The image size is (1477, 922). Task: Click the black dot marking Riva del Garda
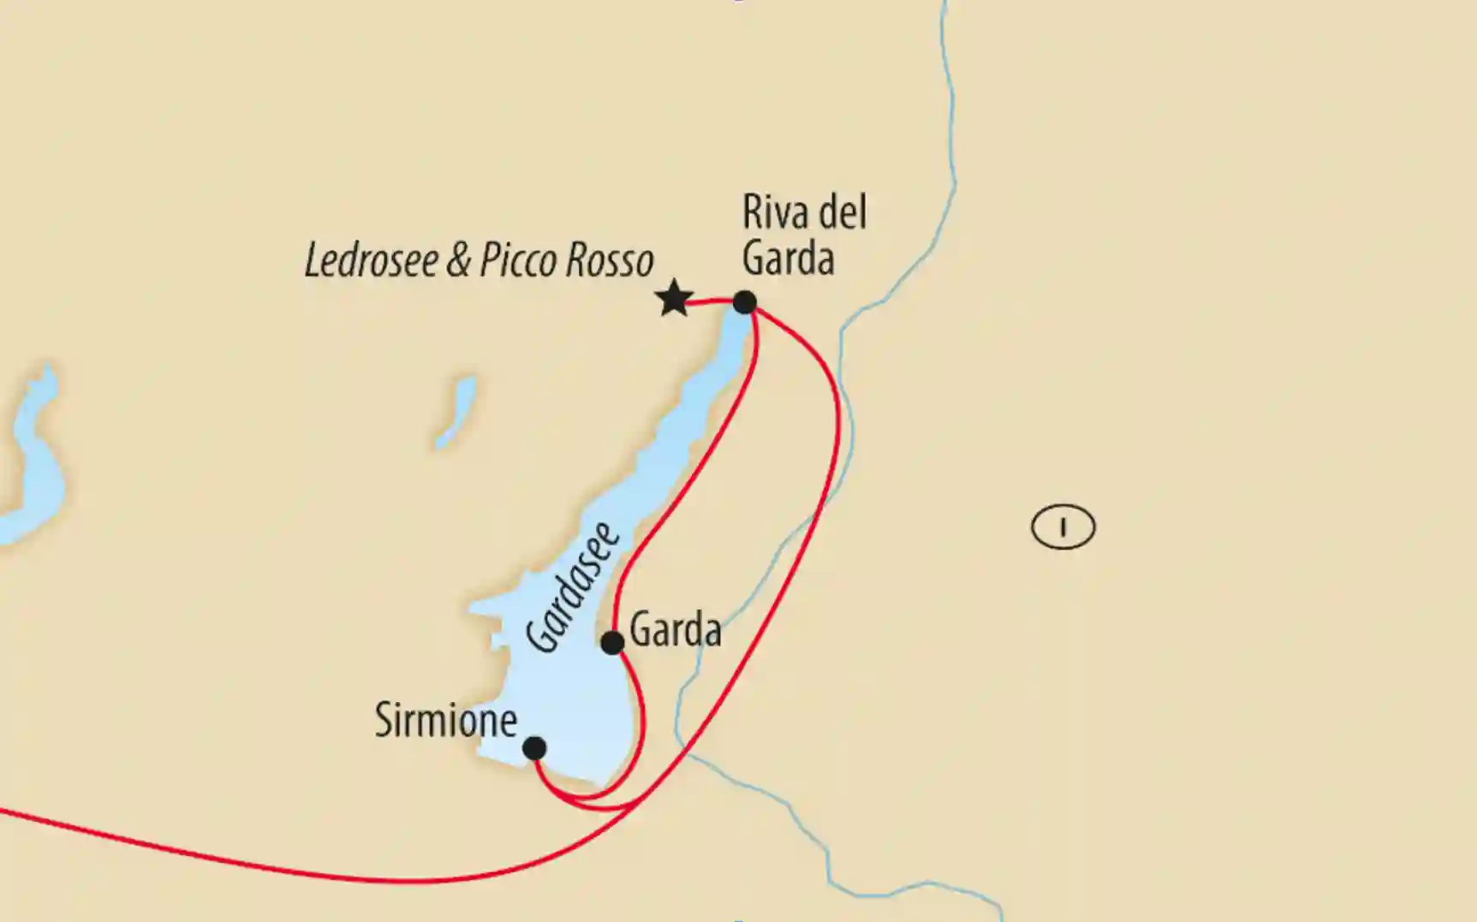745,302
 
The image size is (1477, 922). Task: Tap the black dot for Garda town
612,643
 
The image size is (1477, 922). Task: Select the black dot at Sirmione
534,748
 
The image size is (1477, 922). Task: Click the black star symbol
674,299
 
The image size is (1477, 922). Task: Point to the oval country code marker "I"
1063,526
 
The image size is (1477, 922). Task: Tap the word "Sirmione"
445,721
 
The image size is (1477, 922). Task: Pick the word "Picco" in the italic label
519,260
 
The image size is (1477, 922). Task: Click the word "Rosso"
609,260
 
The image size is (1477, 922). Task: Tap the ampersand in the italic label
458,261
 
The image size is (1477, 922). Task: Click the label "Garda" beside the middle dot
675,632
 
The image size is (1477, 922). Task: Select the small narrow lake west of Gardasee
455,412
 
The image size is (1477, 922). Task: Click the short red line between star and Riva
710,301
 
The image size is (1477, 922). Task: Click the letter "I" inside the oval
1063,526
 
